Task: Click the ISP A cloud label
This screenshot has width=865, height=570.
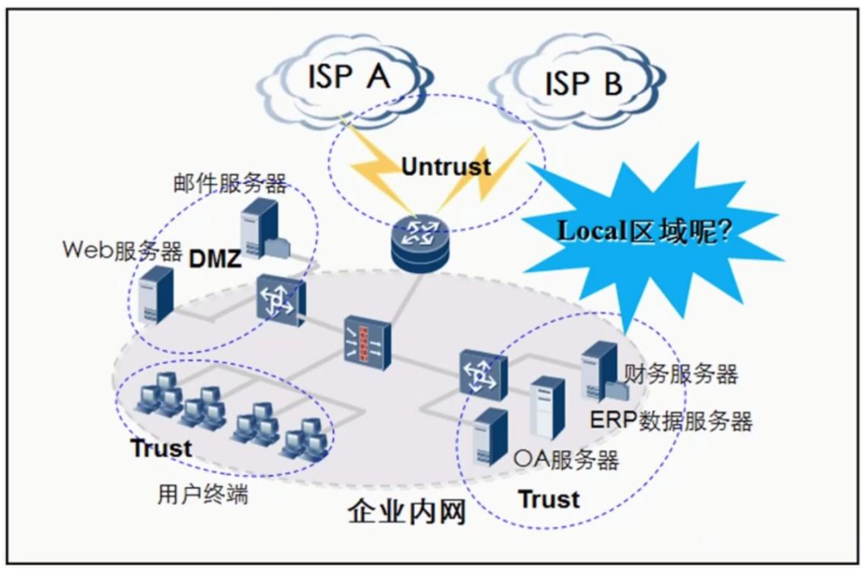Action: tap(349, 76)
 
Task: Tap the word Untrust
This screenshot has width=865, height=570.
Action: tap(446, 166)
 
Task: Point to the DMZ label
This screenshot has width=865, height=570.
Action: tap(215, 258)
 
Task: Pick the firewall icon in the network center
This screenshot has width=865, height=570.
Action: tap(367, 341)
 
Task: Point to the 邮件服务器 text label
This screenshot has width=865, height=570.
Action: tap(228, 182)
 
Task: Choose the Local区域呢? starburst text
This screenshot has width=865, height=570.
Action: tap(644, 230)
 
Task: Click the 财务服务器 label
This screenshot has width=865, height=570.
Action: tap(680, 373)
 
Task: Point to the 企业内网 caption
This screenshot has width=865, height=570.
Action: tap(406, 512)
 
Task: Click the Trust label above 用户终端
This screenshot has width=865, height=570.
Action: tap(161, 447)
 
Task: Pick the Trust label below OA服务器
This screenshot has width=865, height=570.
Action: tap(549, 499)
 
